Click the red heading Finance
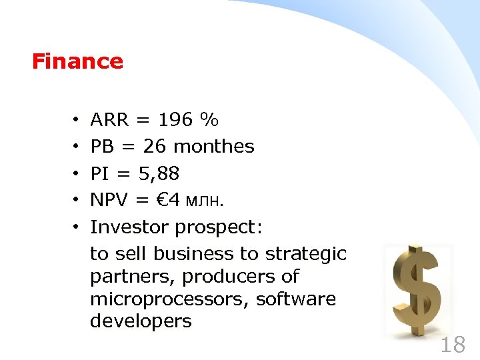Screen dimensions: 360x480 pos(77,62)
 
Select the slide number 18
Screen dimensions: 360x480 pos(453,345)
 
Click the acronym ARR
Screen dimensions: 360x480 pos(110,120)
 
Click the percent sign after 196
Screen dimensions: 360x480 pos(209,120)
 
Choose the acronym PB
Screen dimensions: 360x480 pos(102,147)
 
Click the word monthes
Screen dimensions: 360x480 pos(214,147)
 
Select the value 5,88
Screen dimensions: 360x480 pos(159,174)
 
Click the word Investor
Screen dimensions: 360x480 pos(130,227)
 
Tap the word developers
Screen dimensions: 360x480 pos(141,322)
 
